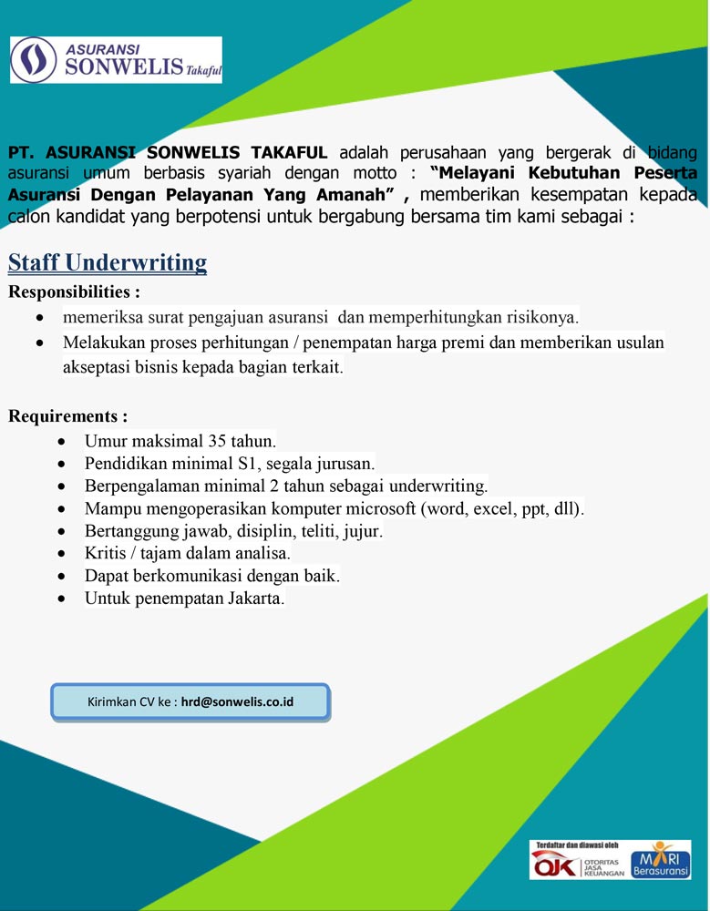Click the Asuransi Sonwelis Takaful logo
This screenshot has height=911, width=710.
[x=116, y=59]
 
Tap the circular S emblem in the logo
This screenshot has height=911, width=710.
[x=34, y=59]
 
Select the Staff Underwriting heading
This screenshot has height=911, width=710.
[x=108, y=263]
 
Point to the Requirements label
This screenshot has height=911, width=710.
[x=68, y=416]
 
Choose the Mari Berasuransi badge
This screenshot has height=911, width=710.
[x=661, y=860]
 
